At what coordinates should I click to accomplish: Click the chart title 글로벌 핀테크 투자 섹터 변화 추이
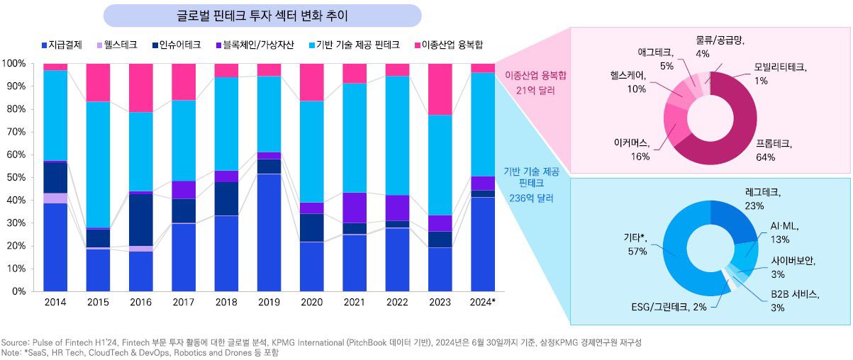pos(262,15)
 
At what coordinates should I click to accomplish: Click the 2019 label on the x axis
pos(269,301)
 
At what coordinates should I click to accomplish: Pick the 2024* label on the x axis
pos(483,301)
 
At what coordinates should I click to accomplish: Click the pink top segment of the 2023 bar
pos(440,89)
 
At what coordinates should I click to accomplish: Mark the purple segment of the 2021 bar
pos(355,208)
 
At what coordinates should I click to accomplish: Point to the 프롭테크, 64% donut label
pos(774,150)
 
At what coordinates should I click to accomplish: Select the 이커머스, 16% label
pos(629,150)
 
